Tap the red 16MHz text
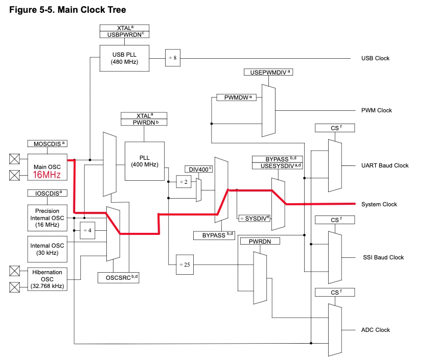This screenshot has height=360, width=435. tap(47, 175)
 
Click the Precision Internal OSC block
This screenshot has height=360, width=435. tap(47, 218)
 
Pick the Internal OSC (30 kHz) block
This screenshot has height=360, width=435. tap(47, 249)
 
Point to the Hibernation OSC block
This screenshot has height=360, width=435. tap(47, 279)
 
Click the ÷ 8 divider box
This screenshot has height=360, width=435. tap(172, 58)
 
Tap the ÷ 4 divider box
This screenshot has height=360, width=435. tap(87, 230)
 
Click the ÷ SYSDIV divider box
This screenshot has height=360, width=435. tap(254, 218)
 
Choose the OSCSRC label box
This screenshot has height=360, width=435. tap(118, 277)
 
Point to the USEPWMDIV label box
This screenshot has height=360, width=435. tap(268, 72)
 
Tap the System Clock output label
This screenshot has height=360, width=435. tap(379, 204)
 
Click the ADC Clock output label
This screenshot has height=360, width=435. tap(376, 330)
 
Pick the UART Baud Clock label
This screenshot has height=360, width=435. tap(385, 165)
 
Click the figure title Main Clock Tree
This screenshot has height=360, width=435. tap(67, 10)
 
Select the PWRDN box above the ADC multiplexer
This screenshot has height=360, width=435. tap(260, 241)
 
